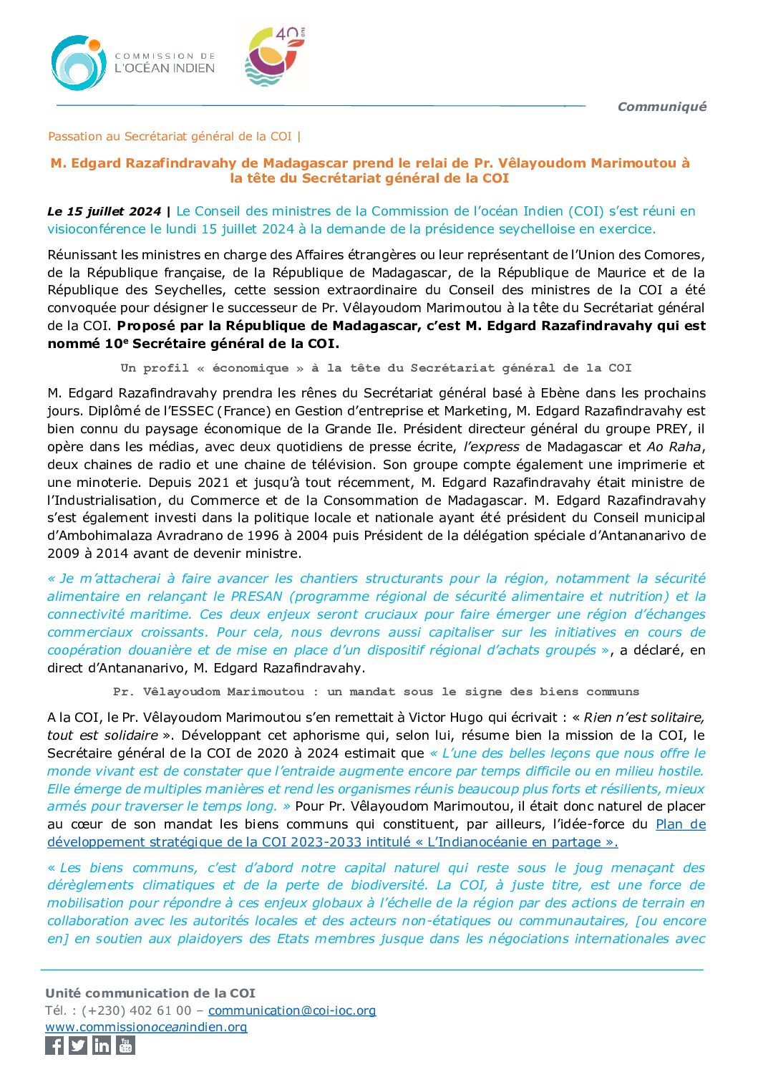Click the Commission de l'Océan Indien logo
132,63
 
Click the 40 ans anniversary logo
275,57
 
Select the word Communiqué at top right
661,107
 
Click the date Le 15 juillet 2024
104,211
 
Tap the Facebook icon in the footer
54,1046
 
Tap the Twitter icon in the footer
78,1046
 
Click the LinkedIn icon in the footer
102,1046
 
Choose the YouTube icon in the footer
125,1046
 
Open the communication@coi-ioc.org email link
292,1010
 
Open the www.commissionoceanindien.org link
146,1027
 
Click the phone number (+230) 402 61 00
137,1010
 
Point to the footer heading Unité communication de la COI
150,993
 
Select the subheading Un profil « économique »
376,368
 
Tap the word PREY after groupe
674,429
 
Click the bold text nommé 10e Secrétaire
192,344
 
